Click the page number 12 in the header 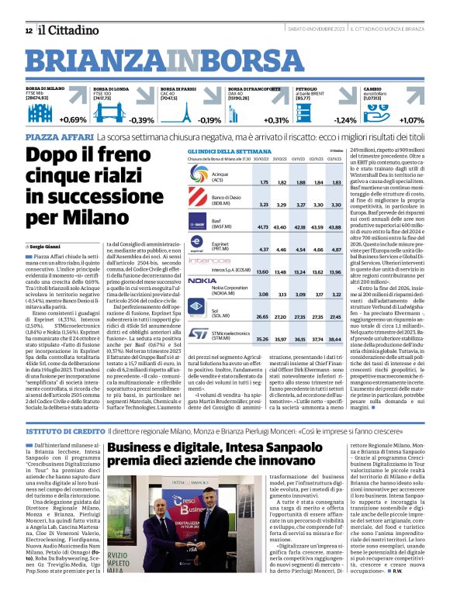29,30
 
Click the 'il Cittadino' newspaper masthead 66,29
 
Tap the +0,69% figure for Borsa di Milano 72,120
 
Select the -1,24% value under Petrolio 345,120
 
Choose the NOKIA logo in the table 202,280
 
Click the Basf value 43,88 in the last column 335,227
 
